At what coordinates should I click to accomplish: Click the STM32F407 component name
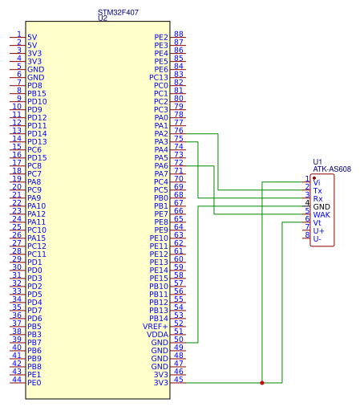[118, 12]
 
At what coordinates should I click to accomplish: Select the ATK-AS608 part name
[332, 169]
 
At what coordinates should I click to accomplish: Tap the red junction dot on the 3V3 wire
[262, 383]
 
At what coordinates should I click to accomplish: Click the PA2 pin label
[161, 133]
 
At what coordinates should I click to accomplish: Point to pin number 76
[179, 130]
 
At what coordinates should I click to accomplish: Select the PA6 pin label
[161, 165]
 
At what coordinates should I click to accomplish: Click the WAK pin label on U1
[322, 214]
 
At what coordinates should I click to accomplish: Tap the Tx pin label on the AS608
[318, 191]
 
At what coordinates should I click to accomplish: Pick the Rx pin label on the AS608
[318, 199]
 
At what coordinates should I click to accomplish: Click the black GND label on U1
[322, 206]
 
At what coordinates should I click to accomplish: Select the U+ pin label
[318, 230]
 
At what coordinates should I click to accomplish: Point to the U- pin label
[318, 238]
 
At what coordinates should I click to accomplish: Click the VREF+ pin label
[156, 327]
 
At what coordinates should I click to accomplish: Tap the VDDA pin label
[157, 335]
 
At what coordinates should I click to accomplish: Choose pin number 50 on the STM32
[179, 339]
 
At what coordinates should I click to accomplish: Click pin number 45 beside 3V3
[179, 379]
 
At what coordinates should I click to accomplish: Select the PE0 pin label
[34, 383]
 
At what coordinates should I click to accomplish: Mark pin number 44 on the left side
[17, 379]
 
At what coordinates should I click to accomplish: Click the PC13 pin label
[159, 77]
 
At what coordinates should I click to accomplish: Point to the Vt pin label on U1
[317, 222]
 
